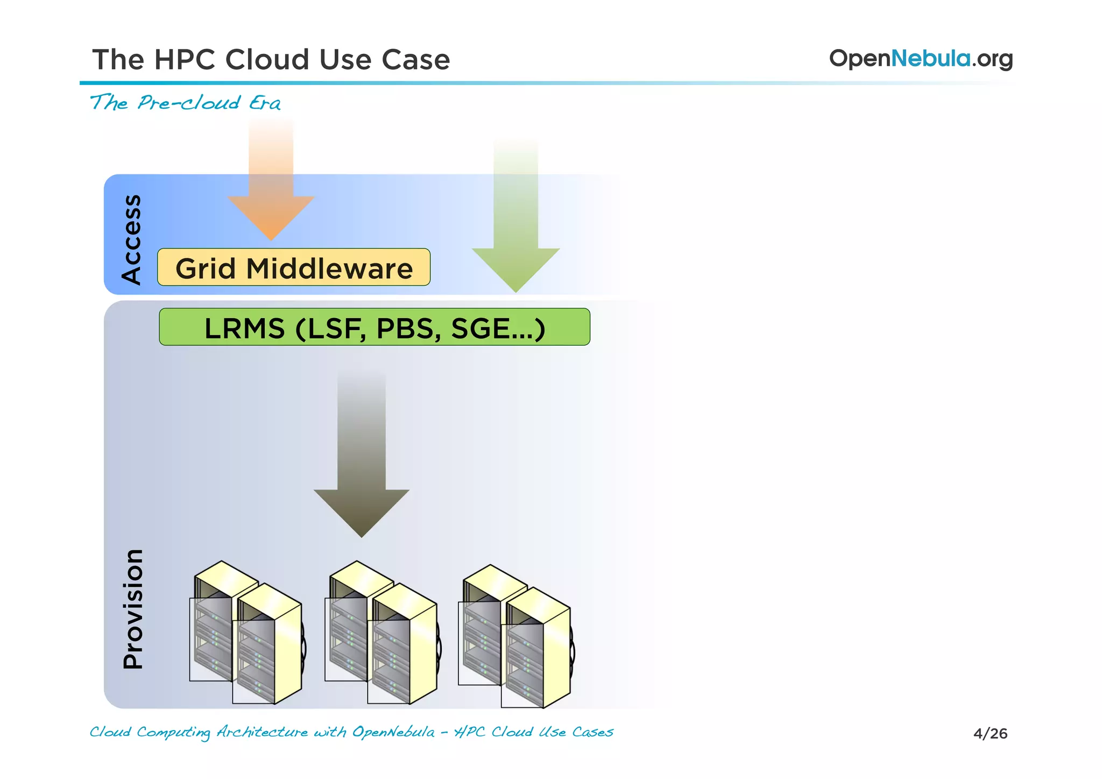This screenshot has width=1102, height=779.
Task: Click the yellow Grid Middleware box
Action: [293, 267]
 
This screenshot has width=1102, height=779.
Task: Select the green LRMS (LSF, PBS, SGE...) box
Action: [374, 327]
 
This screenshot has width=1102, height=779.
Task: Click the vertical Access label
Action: [131, 239]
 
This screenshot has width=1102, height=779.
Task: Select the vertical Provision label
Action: [133, 608]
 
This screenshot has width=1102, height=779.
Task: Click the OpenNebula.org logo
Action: [920, 58]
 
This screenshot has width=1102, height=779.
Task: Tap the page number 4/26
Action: [990, 733]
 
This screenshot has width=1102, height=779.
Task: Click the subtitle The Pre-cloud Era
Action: [185, 102]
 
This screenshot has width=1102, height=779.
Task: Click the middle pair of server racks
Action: [382, 633]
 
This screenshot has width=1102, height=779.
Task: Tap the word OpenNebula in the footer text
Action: [393, 732]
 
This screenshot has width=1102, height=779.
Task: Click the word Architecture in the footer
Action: [262, 732]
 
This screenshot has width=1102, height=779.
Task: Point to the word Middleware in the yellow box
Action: [329, 268]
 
